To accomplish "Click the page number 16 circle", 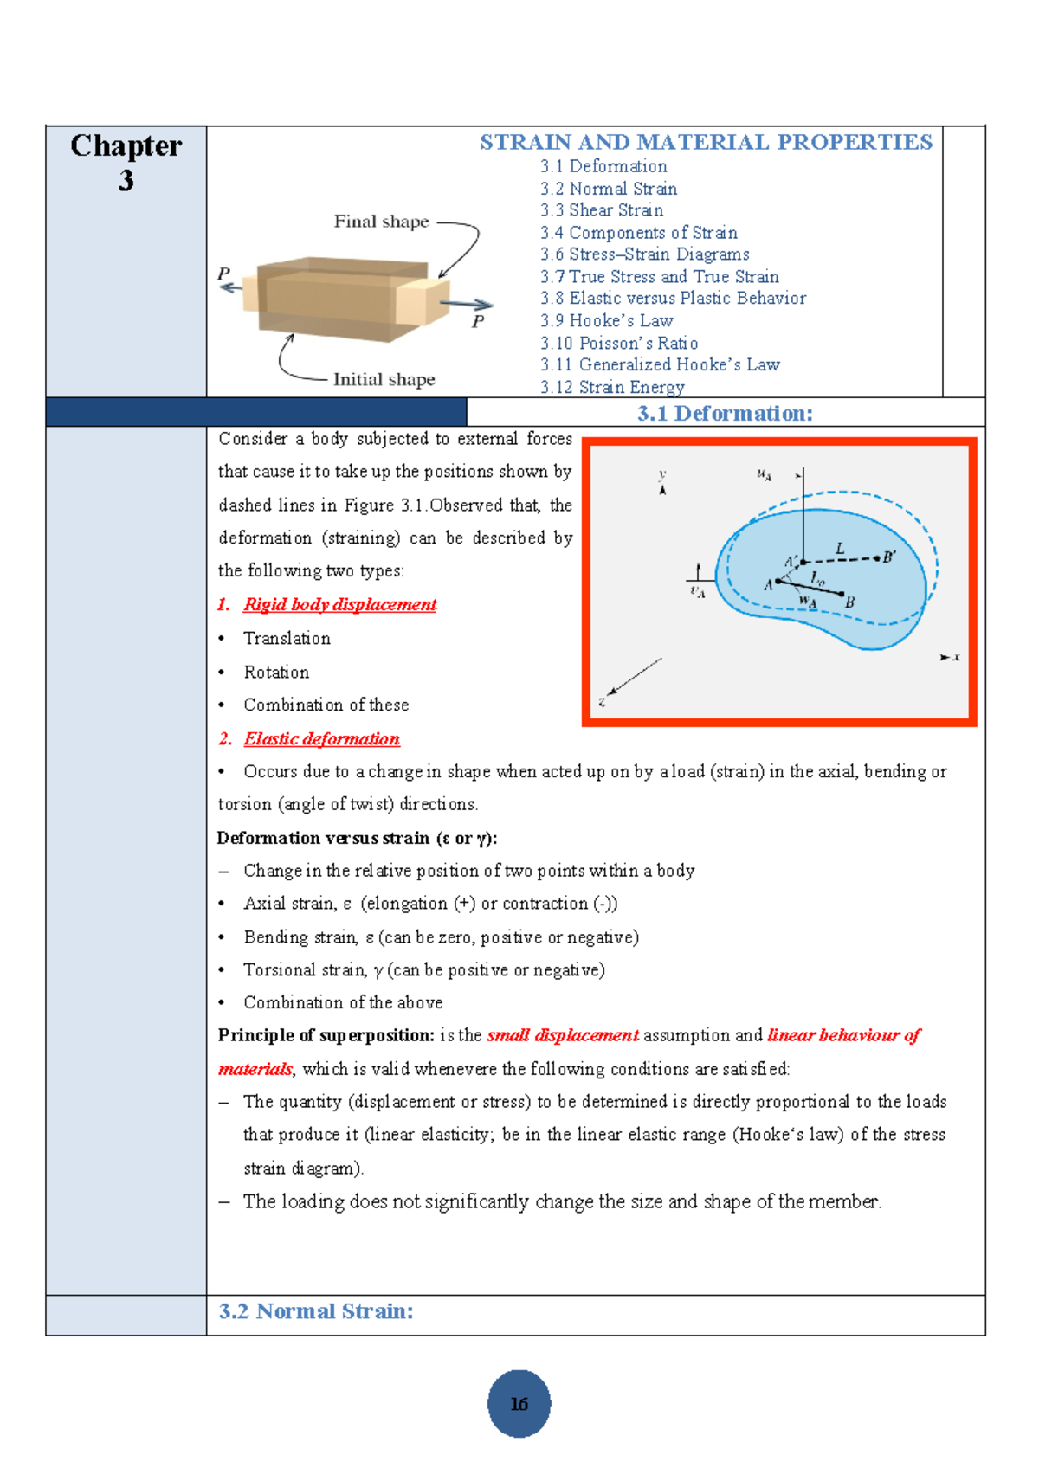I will tap(519, 1403).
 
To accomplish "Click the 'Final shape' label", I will tap(381, 222).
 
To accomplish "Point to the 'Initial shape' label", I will tap(384, 379).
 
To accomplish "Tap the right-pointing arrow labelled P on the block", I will tap(467, 304).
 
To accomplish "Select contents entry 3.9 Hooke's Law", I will tap(606, 320).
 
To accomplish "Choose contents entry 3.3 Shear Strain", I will tap(602, 210).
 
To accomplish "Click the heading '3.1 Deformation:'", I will tap(725, 413).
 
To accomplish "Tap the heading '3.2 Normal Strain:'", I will tap(315, 1310).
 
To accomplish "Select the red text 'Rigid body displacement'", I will tap(339, 604).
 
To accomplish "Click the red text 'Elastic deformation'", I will tap(321, 738).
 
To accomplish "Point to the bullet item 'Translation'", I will tap(287, 638).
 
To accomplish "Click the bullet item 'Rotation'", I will tap(276, 672).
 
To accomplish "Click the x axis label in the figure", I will tap(956, 657).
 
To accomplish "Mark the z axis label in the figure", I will tap(602, 702).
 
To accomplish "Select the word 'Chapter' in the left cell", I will tap(126, 145).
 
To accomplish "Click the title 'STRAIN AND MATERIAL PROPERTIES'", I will tap(706, 142).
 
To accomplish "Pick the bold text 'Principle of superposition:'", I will tap(326, 1035).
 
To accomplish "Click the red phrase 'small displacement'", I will tap(563, 1035).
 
